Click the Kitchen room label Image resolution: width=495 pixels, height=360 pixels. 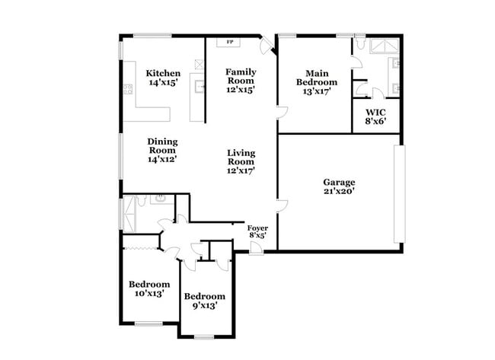point(163,73)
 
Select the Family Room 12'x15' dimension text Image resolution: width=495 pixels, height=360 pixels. point(241,90)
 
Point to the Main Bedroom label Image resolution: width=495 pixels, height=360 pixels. point(317,78)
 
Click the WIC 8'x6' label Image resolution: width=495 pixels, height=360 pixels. point(375,116)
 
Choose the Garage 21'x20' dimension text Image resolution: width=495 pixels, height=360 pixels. point(339,191)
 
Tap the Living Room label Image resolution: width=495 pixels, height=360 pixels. point(241,158)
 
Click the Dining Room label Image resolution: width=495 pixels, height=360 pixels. point(162,146)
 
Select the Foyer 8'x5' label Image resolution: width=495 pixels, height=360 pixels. point(257,231)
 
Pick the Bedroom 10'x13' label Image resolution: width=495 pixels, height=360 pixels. point(149,288)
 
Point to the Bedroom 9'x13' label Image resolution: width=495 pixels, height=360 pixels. point(205,301)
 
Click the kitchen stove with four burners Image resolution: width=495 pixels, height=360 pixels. point(128,89)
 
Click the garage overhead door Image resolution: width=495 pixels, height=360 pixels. point(400,194)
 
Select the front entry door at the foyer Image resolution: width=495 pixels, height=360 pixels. point(256,249)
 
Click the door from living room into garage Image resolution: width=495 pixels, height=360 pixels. point(282,205)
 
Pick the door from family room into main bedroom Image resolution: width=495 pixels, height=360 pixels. point(282,113)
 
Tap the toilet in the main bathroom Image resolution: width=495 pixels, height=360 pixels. point(360,43)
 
